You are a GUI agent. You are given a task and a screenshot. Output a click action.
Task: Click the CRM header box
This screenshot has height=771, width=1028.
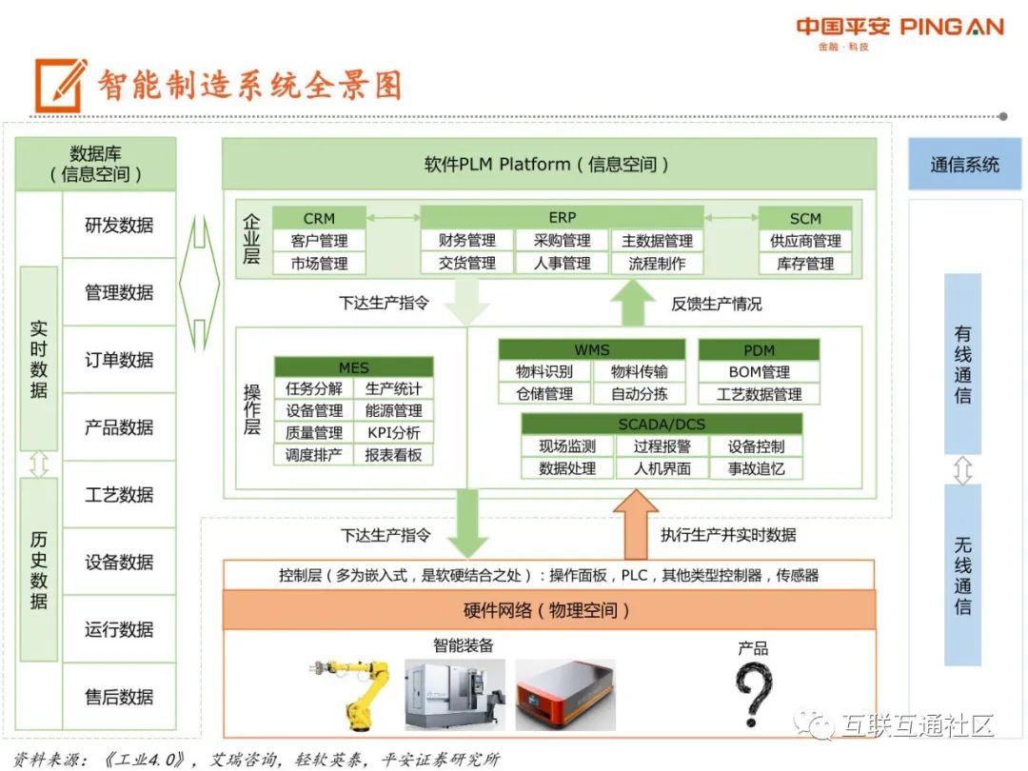[319, 218]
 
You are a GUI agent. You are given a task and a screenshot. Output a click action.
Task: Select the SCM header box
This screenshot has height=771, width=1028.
[804, 218]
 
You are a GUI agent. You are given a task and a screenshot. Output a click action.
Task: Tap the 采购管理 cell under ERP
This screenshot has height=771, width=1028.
[562, 241]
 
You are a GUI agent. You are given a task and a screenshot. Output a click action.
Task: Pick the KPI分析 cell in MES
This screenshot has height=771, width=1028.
[393, 433]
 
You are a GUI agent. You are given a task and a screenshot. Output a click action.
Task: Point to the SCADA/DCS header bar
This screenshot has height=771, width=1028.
[662, 424]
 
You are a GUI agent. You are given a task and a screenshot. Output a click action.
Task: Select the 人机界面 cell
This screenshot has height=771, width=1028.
[662, 468]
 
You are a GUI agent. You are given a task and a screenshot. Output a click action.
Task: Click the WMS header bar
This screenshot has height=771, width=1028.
[591, 349]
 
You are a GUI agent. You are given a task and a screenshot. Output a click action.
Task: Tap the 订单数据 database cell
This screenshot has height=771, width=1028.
[119, 360]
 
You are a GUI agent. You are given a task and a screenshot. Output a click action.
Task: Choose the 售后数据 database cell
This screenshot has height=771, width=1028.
[119, 697]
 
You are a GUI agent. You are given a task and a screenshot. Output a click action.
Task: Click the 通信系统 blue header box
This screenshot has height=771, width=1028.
[964, 165]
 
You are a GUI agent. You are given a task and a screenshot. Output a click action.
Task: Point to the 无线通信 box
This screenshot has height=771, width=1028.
[962, 575]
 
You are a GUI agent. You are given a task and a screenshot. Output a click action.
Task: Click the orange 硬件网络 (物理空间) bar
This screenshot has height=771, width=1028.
[548, 610]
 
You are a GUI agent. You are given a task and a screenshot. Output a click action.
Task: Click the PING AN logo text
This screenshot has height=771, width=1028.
[951, 27]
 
